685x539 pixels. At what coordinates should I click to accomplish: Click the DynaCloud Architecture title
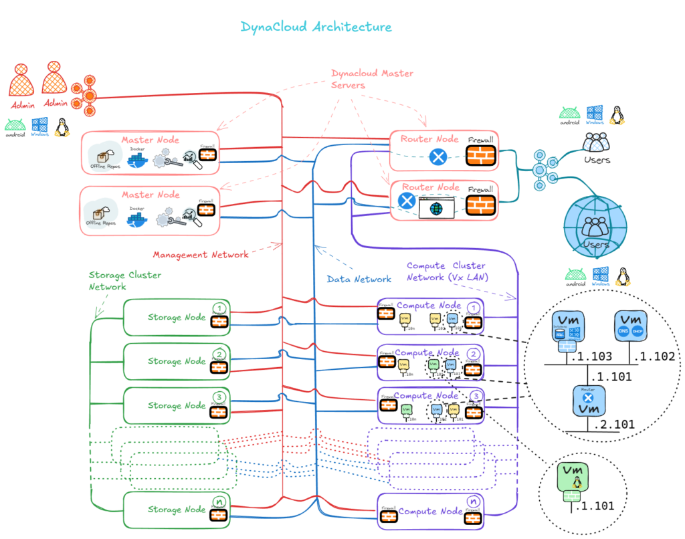pyautogui.click(x=316, y=27)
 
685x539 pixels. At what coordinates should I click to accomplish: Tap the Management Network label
pyautogui.click(x=201, y=255)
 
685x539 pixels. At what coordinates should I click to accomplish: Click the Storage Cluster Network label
pyautogui.click(x=125, y=281)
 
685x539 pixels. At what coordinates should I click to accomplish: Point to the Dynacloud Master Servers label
pyautogui.click(x=372, y=79)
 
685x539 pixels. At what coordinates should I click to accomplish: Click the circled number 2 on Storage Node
pyautogui.click(x=218, y=354)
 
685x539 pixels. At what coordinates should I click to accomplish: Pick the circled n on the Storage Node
pyautogui.click(x=218, y=502)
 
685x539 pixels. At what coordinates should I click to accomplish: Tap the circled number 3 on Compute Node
pyautogui.click(x=475, y=396)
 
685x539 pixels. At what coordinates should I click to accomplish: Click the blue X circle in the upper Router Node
pyautogui.click(x=438, y=158)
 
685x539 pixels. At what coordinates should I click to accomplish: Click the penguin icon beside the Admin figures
pyautogui.click(x=62, y=126)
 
